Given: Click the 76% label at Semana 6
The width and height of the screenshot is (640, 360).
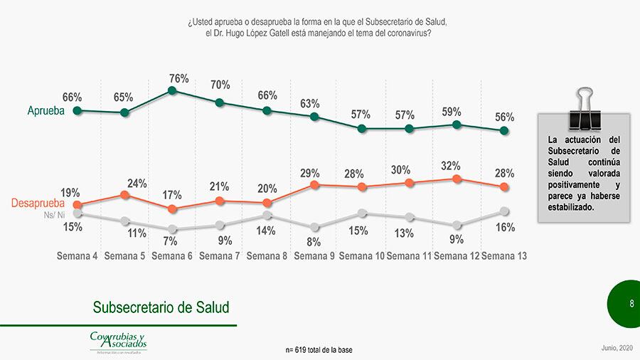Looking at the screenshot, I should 178,79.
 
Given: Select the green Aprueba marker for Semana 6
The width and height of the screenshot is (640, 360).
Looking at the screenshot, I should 172,90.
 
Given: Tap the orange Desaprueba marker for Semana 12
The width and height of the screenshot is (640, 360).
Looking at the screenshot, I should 457,179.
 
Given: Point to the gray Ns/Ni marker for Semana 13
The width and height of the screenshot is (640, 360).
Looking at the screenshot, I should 504,211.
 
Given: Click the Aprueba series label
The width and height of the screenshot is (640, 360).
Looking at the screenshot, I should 46,111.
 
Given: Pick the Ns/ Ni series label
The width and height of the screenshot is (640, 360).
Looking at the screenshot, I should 53,214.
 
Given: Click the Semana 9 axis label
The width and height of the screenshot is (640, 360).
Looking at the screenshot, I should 314,256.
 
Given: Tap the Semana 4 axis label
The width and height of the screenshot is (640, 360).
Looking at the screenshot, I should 77,256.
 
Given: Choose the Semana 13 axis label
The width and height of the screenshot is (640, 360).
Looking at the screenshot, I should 503,256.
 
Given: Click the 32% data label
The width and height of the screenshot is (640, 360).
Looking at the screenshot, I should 451,166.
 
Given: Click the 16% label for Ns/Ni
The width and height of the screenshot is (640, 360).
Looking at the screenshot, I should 505,228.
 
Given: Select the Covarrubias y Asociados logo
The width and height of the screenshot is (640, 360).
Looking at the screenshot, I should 117,341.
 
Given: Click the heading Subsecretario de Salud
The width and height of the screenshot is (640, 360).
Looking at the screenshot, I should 161,307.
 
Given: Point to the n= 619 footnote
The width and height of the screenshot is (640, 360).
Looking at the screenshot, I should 319,349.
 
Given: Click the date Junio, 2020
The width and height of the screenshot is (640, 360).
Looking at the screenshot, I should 617,346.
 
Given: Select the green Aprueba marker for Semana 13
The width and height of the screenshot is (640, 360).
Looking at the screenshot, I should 504,130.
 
